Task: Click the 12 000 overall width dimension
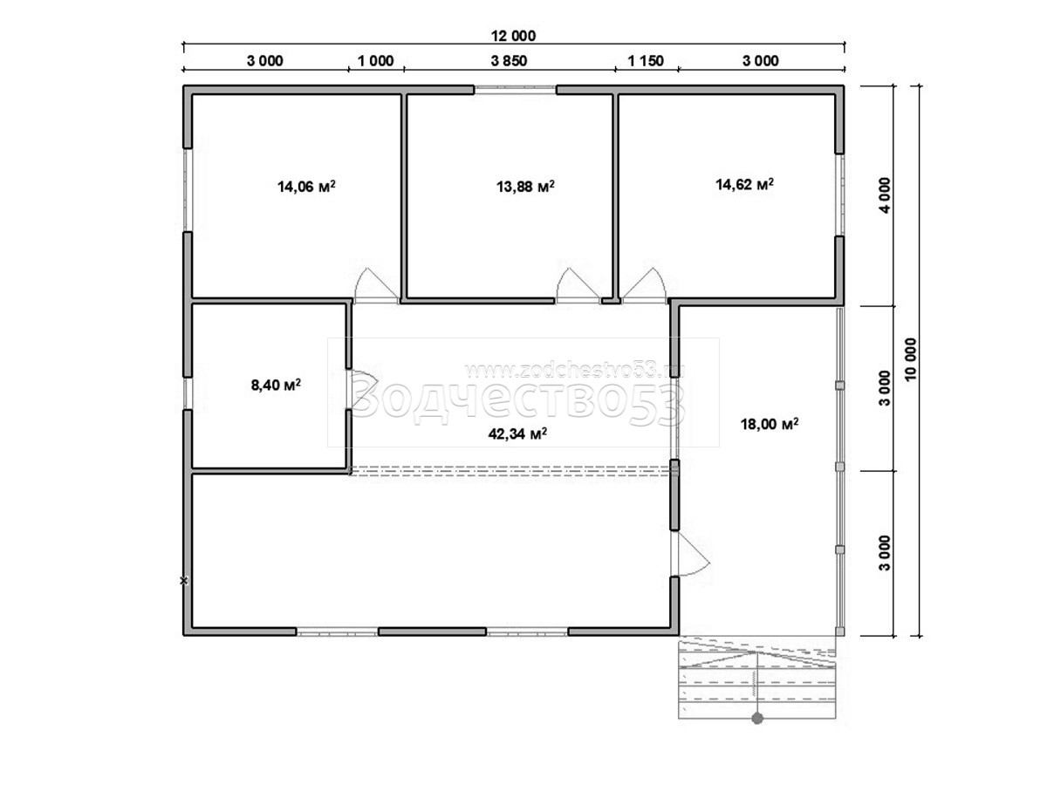(513, 36)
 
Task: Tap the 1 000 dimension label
(375, 61)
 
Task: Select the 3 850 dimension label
(509, 61)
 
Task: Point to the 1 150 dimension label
(646, 61)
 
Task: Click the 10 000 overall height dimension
(911, 359)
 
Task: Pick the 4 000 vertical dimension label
(885, 195)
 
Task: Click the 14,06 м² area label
(306, 187)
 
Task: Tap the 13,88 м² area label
(525, 187)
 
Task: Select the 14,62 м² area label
(744, 184)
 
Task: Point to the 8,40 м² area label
(276, 384)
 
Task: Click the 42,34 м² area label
(517, 433)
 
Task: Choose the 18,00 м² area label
(770, 424)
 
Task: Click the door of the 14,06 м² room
(376, 286)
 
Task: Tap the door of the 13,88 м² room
(578, 286)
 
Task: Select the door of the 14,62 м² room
(644, 286)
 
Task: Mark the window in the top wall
(515, 89)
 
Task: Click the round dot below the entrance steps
(757, 719)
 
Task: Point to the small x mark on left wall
(183, 581)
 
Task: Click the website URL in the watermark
(574, 371)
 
